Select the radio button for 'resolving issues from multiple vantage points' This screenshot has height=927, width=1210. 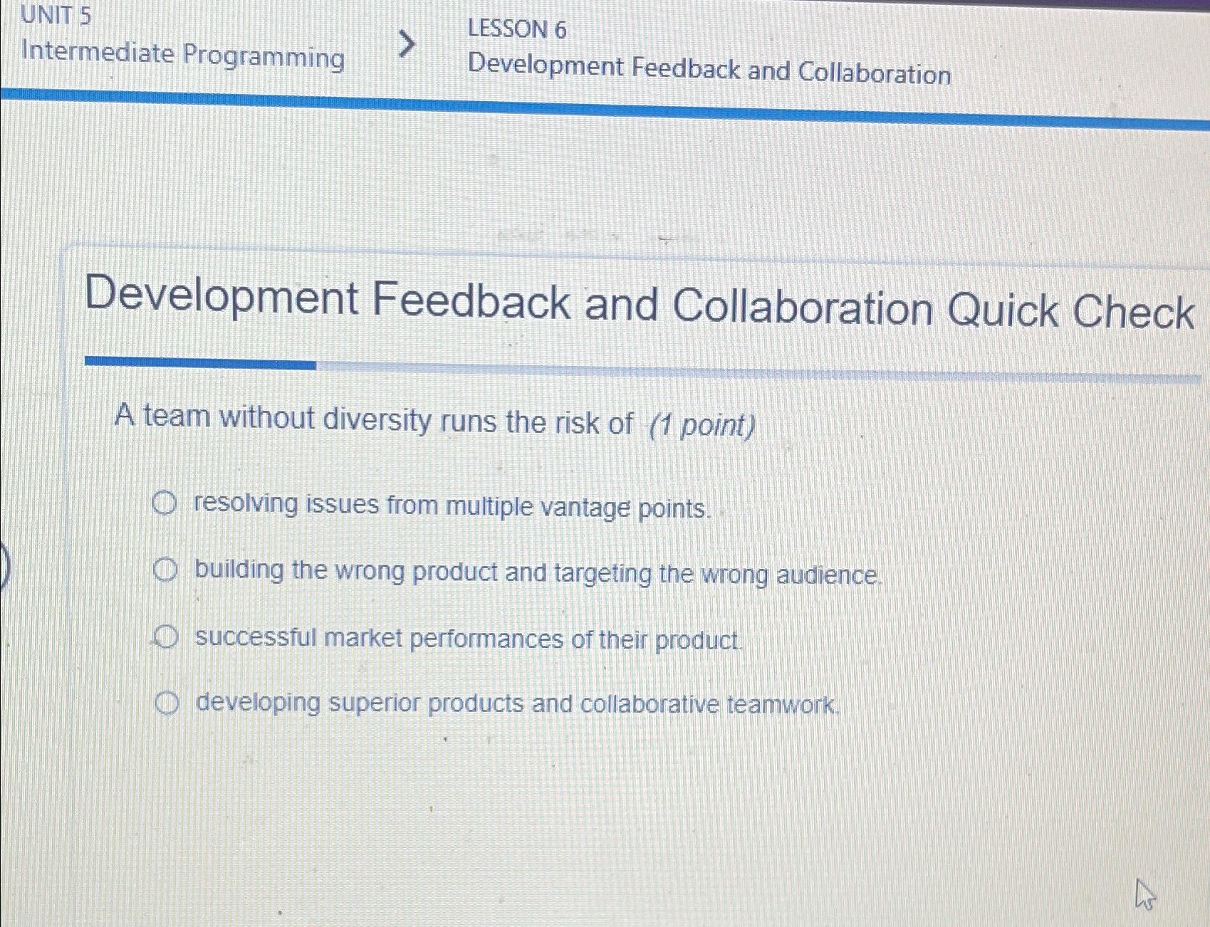[x=164, y=504]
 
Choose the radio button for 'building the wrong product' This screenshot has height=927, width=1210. [x=165, y=570]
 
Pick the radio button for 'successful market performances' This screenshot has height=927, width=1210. [x=165, y=637]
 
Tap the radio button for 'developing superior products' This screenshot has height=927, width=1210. [x=167, y=703]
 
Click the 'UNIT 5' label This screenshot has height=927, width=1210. [x=56, y=15]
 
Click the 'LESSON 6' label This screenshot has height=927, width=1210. [x=517, y=29]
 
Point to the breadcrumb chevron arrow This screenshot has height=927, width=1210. [x=406, y=44]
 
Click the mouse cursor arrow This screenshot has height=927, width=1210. [x=1143, y=894]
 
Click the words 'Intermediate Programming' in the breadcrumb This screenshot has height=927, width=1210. [x=183, y=55]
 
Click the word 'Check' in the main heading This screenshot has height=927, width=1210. [x=1133, y=313]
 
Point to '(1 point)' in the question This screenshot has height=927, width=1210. [x=702, y=426]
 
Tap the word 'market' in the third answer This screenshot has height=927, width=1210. [x=363, y=638]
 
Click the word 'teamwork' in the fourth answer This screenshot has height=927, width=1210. [x=782, y=705]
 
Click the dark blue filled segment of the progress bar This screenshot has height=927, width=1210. [x=200, y=362]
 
